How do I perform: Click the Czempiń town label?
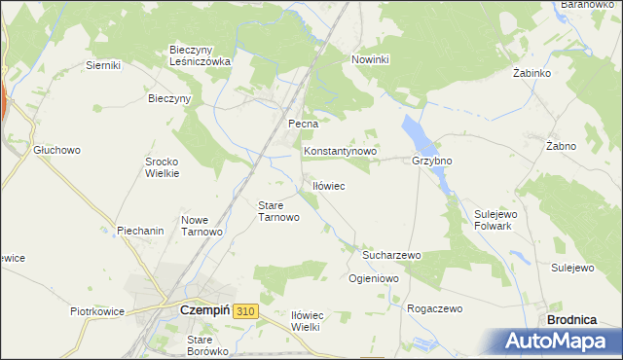pyautogui.click(x=203, y=310)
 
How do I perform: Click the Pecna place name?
pyautogui.click(x=304, y=125)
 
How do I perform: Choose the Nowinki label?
pyautogui.click(x=370, y=59)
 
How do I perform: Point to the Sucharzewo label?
pyautogui.click(x=390, y=255)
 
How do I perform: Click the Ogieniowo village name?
pyautogui.click(x=374, y=278)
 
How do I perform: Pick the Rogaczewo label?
pyautogui.click(x=434, y=308)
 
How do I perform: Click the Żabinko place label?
pyautogui.click(x=532, y=73)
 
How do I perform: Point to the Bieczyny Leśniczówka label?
pyautogui.click(x=200, y=54)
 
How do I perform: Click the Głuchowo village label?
pyautogui.click(x=56, y=151)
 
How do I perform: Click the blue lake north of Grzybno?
pyautogui.click(x=413, y=131)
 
